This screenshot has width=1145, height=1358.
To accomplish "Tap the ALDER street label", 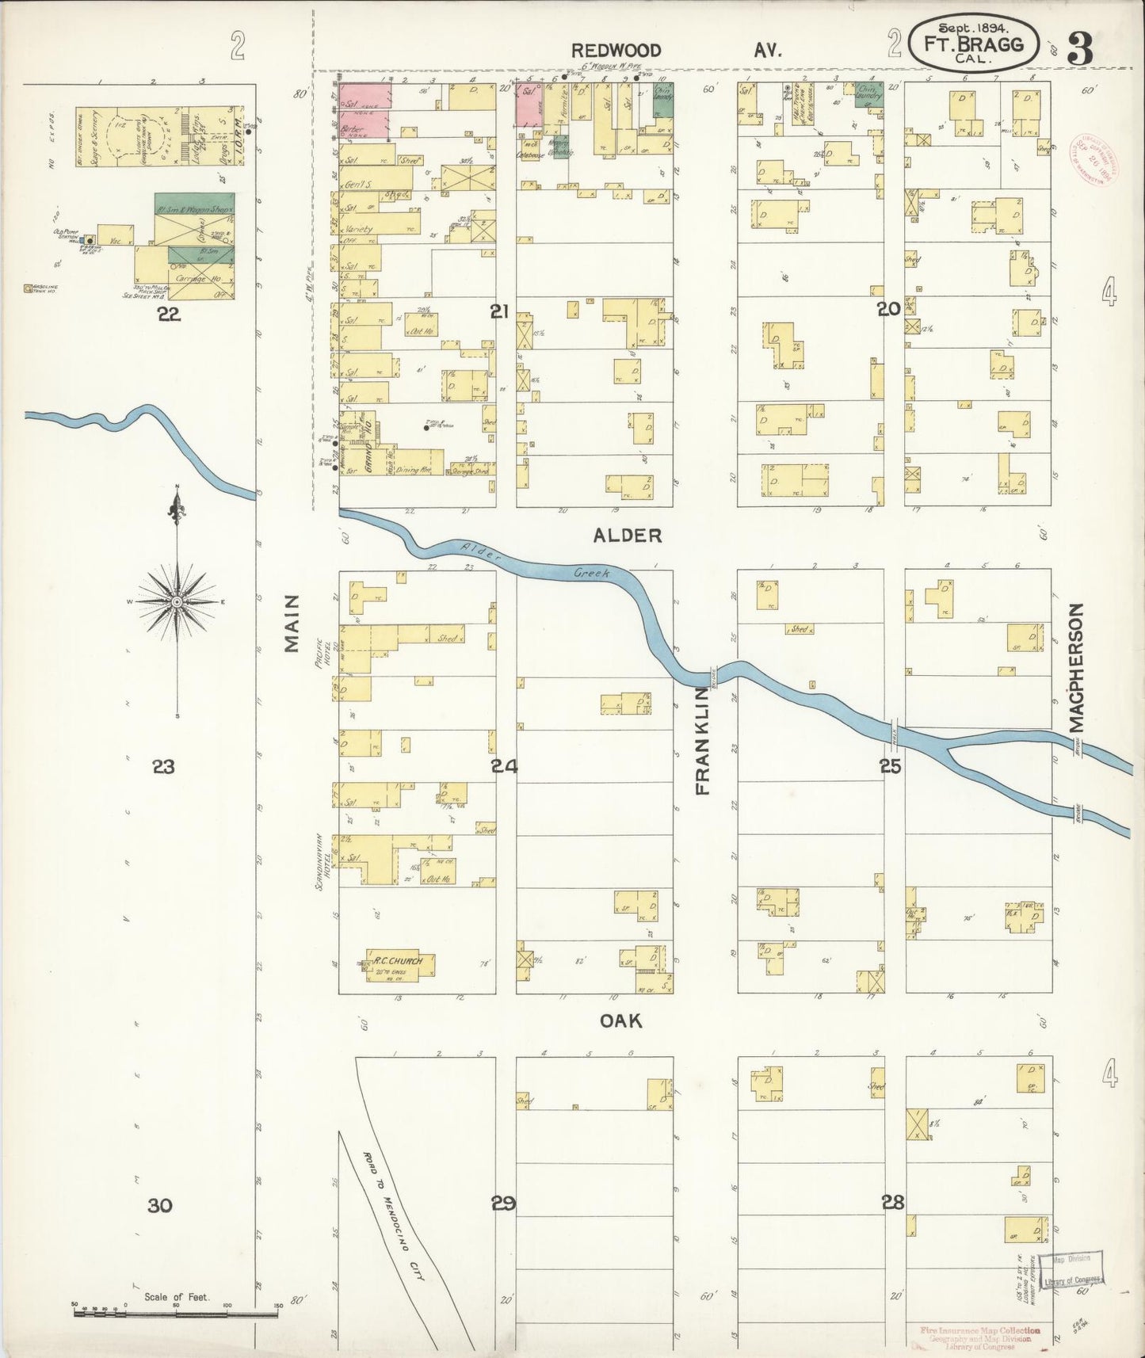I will [x=627, y=536].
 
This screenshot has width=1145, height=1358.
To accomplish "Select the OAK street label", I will [x=620, y=1021].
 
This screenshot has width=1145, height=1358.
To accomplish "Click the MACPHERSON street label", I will [x=1074, y=667].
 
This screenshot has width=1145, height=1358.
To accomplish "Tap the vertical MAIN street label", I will [x=292, y=623].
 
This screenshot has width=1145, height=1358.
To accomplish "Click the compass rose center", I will [x=177, y=602].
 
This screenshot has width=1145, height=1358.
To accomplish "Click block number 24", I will [x=504, y=766].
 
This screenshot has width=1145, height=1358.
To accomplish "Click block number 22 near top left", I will [x=168, y=315].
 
